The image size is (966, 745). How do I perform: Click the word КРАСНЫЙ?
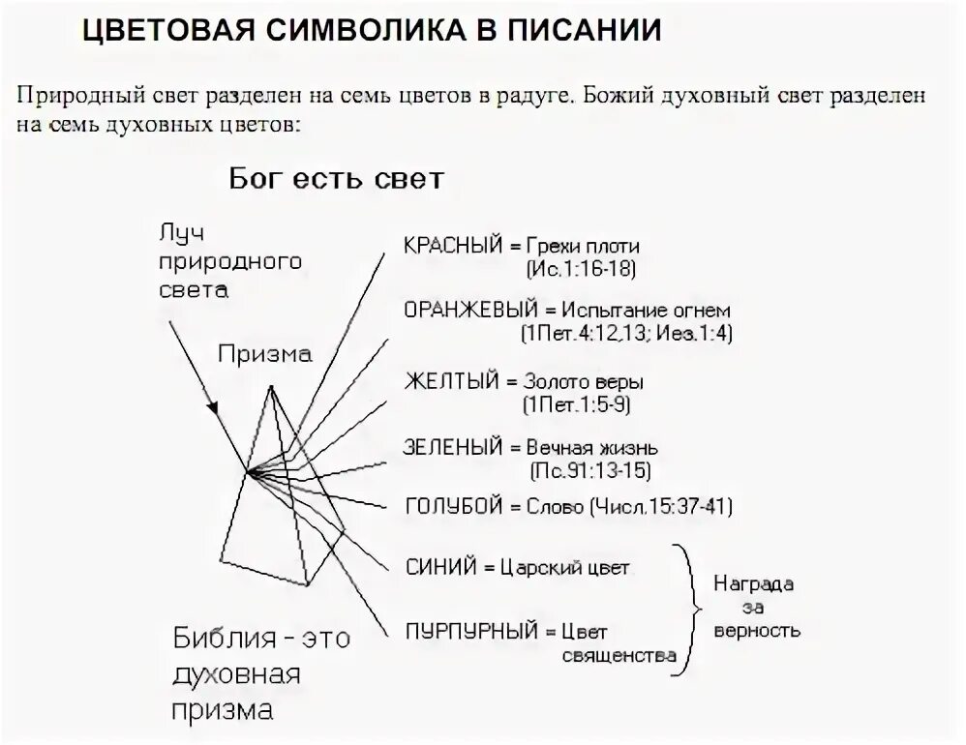[449, 246]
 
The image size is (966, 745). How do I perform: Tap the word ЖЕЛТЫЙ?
[446, 381]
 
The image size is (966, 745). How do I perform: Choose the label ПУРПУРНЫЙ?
[471, 633]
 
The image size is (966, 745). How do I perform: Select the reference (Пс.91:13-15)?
[589, 471]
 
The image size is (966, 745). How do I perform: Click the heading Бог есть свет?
[336, 180]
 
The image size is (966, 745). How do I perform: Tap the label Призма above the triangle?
[264, 354]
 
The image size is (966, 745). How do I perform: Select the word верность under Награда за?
[756, 631]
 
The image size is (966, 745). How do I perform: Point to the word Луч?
[184, 234]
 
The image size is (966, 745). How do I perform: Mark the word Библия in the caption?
[222, 639]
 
